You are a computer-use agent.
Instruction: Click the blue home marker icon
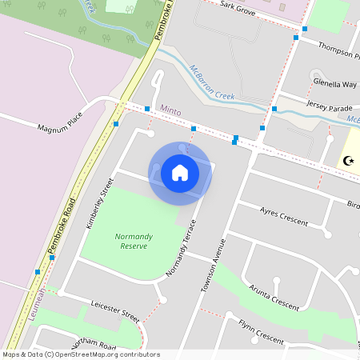180,173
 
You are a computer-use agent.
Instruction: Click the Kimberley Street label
95,203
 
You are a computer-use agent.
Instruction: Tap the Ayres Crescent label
284,215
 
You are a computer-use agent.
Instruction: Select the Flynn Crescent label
261,332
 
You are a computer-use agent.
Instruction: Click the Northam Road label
94,343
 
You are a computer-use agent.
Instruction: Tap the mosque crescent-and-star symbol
348,160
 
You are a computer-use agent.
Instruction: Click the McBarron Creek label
211,84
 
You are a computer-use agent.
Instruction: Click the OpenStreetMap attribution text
81,354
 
